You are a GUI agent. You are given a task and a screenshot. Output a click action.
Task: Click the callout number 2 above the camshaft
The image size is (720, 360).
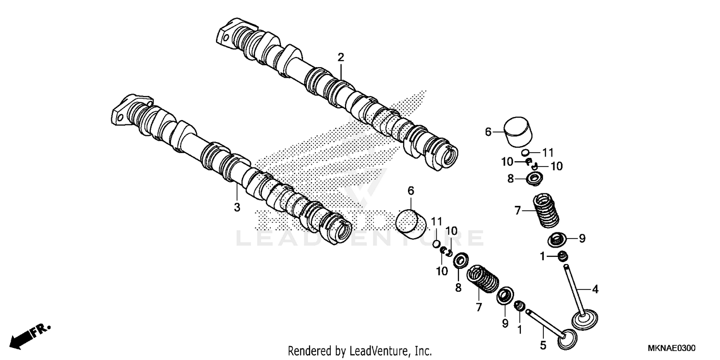341,58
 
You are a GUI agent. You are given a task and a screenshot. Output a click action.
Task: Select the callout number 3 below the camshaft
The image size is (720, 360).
237,207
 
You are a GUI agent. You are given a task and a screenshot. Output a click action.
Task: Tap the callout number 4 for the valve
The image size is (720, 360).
595,289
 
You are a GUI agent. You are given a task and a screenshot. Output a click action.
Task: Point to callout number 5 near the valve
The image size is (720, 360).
543,345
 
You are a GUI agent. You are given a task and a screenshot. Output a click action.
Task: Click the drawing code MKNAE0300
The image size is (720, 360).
672,348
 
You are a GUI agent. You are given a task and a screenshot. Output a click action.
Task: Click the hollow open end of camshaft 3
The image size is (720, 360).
343,232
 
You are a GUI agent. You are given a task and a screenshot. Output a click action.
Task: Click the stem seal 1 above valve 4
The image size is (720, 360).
562,256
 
